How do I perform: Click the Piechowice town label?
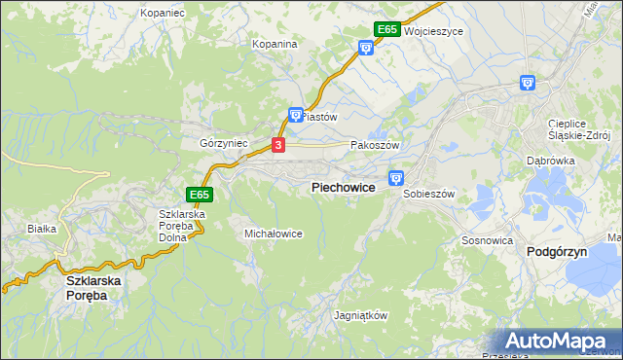pyautogui.click(x=344, y=188)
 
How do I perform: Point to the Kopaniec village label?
pyautogui.click(x=163, y=14)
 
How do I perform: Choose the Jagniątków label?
pyautogui.click(x=361, y=316)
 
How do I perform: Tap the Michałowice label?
pyautogui.click(x=274, y=234)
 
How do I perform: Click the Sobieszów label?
pyautogui.click(x=429, y=194)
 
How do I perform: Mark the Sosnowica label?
pyautogui.click(x=488, y=239)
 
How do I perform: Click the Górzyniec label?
pyautogui.click(x=224, y=143)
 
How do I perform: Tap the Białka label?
pyautogui.click(x=43, y=229)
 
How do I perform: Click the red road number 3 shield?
pyautogui.click(x=279, y=145)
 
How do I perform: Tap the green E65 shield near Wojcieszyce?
pyautogui.click(x=386, y=30)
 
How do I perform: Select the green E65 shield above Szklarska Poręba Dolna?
pyautogui.click(x=200, y=195)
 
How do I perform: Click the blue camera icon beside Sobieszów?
pyautogui.click(x=396, y=177)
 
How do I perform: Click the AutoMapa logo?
pyautogui.click(x=564, y=342)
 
